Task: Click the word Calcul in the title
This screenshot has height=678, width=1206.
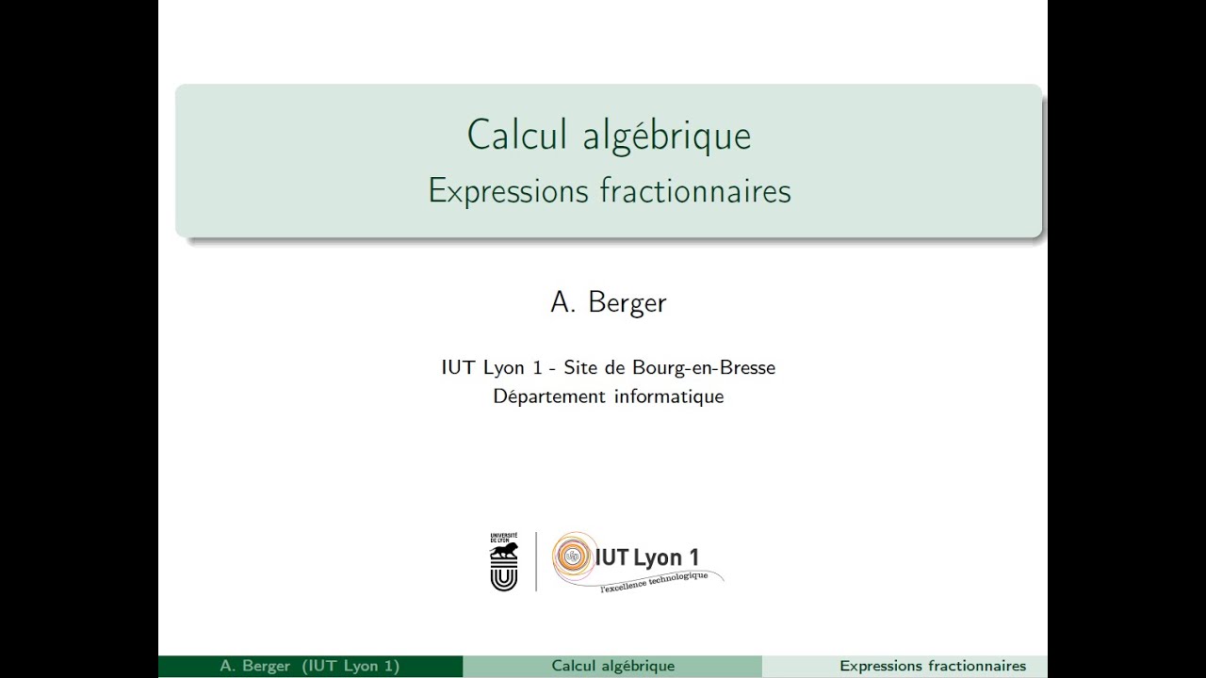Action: (518, 135)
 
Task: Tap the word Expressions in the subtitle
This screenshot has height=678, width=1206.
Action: (508, 191)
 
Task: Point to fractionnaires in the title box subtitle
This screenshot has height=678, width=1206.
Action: (695, 191)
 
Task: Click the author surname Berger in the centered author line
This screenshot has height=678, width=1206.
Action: (627, 302)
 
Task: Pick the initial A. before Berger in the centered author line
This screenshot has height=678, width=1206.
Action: (562, 302)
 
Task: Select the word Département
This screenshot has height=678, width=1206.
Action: (549, 397)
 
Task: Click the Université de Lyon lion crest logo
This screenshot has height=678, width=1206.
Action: (504, 561)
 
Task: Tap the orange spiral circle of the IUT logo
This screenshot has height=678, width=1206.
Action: (572, 557)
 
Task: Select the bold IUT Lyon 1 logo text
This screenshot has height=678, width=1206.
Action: (646, 557)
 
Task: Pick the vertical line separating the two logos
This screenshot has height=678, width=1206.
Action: (536, 561)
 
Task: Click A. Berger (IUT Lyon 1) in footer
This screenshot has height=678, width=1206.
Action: (310, 667)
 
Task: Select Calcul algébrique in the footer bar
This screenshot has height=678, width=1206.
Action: (612, 667)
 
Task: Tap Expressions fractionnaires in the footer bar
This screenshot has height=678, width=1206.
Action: (932, 667)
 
